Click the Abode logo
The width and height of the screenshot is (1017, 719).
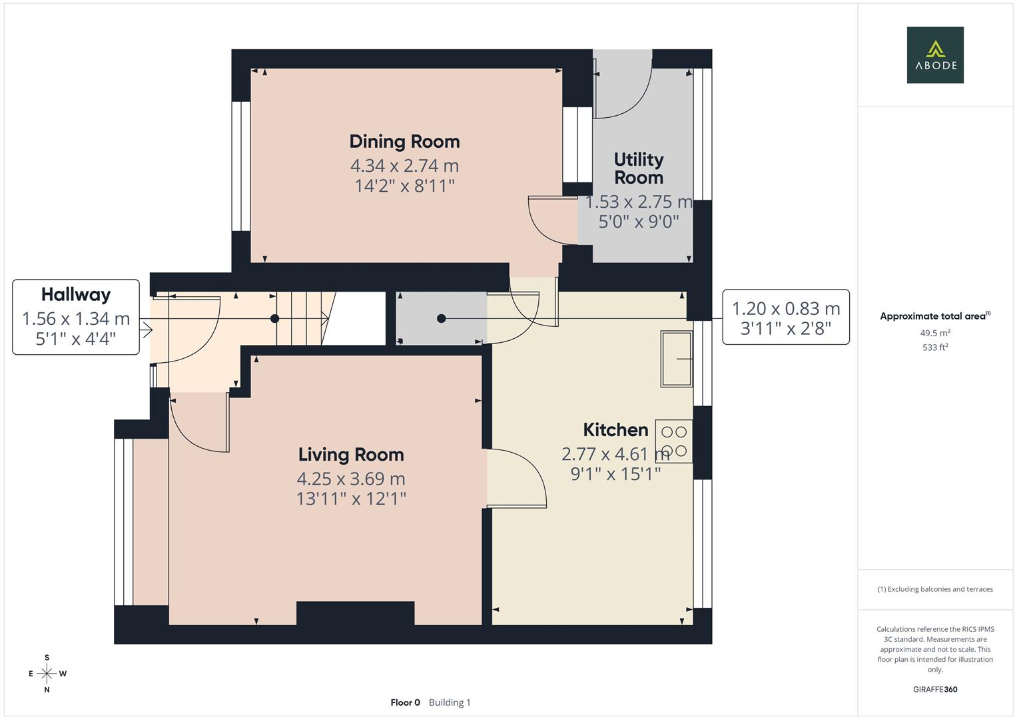coord(934,55)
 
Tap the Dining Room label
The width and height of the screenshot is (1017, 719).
coord(404,141)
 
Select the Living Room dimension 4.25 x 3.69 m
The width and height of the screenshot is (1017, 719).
coord(350,479)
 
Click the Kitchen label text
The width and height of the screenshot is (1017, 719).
coord(615,429)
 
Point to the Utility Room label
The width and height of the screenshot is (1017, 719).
coord(638,168)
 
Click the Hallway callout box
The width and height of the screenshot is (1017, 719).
coord(76,317)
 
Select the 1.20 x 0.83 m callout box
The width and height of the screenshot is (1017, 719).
coord(785,317)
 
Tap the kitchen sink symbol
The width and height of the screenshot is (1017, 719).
coord(676,359)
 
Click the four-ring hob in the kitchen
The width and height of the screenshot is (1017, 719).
coord(674,441)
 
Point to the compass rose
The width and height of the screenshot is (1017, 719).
coord(47,674)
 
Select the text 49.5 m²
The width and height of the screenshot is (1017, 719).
coord(934,333)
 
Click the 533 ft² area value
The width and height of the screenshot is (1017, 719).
coord(934,348)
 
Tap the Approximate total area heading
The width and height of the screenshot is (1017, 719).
coord(934,316)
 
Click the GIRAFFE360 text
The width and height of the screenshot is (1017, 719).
coord(934,689)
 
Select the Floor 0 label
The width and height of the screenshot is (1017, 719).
coord(405,702)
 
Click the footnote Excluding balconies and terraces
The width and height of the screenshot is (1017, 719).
coord(934,589)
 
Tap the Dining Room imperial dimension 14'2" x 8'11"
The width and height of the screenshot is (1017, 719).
coord(404,185)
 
